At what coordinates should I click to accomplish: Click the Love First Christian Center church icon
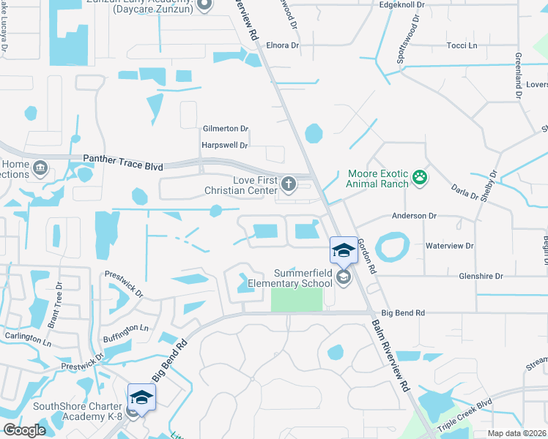pos(289,183)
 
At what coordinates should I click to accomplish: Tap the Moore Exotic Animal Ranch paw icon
pos(419,176)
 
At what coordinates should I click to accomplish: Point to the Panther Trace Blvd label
pos(123,158)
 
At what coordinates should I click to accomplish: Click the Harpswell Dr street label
pos(225,145)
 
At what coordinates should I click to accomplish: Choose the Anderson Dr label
pos(414,217)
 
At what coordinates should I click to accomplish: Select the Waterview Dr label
pos(451,247)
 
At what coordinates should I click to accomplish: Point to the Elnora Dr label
pos(283,45)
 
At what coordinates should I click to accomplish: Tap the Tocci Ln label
pos(462,45)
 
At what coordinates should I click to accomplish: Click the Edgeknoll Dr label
pos(401,5)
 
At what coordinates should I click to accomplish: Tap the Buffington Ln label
pos(125,334)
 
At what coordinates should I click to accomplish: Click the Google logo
pos(23,430)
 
